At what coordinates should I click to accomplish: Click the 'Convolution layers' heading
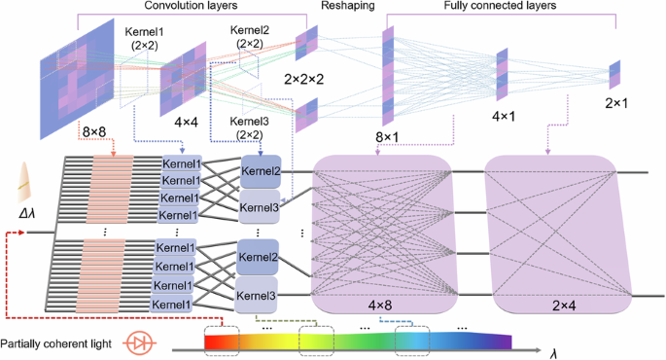point(187,8)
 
